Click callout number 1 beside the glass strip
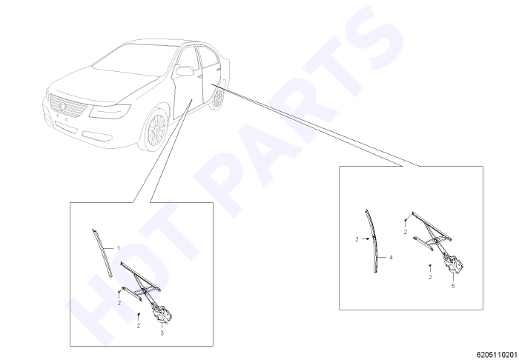[119, 248]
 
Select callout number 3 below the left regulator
[162, 333]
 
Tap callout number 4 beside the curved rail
[391, 257]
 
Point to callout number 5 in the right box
[453, 286]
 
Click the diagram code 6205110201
[497, 355]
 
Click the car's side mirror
[184, 70]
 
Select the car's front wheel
[156, 130]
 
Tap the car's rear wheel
[217, 99]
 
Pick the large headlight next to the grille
[110, 111]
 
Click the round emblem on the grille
[63, 107]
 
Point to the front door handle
[199, 77]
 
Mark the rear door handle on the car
[219, 70]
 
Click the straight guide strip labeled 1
[102, 253]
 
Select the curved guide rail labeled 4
[372, 241]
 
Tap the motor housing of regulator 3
[162, 314]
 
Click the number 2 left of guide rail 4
[357, 239]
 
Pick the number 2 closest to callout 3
[139, 326]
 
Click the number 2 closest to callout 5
[430, 277]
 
